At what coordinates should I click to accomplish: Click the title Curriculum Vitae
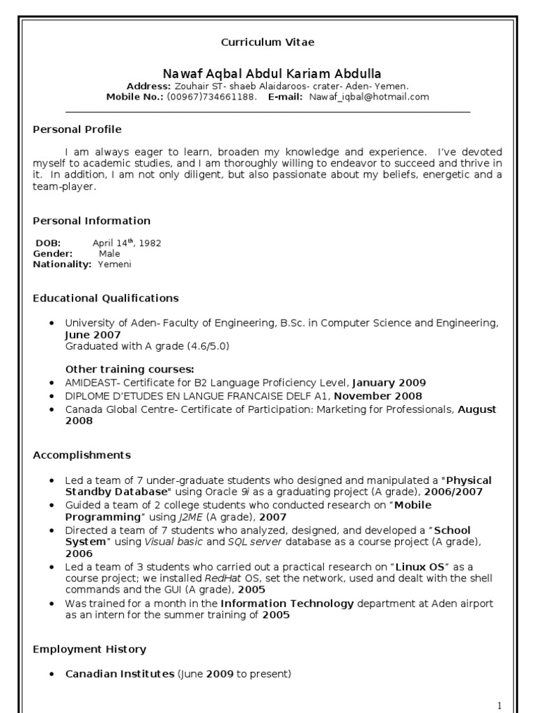[267, 42]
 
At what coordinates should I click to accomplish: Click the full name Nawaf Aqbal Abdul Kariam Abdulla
[272, 74]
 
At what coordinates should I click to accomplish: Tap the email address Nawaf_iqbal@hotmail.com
[369, 97]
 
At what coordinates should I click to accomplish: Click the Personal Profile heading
[77, 130]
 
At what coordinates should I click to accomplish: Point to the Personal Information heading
[92, 221]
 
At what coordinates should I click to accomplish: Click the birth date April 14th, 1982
[127, 243]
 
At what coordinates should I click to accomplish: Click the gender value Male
[109, 254]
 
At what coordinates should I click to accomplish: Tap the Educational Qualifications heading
[106, 298]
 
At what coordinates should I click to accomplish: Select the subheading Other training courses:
[130, 369]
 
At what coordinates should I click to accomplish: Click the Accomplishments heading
[82, 455]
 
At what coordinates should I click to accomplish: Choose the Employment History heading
[90, 650]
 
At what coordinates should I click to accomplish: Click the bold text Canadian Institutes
[120, 674]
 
